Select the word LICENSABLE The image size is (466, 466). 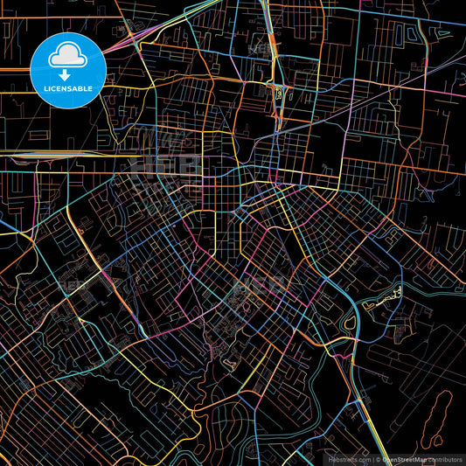pyautogui.click(x=65, y=89)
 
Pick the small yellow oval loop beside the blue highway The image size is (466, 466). pyautogui.click(x=351, y=322)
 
